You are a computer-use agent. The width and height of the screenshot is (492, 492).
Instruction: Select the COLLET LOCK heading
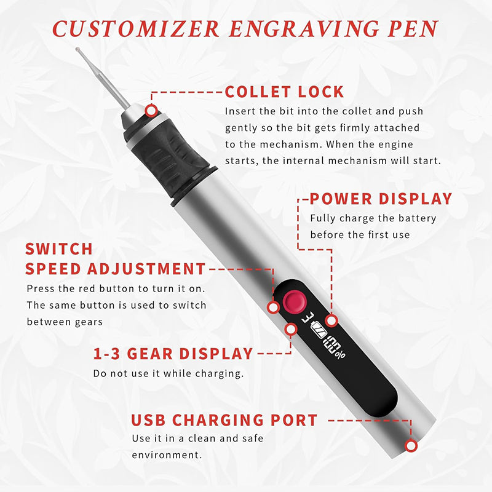(x=284, y=92)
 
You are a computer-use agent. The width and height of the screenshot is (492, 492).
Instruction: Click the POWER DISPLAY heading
(x=381, y=199)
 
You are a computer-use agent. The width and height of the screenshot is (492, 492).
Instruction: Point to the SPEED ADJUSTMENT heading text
(x=115, y=269)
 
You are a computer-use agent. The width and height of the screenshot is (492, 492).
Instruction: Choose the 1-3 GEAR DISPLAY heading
(x=173, y=354)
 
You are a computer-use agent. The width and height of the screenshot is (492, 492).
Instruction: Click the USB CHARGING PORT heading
(x=224, y=421)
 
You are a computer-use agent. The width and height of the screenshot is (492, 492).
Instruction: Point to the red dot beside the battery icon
(x=331, y=320)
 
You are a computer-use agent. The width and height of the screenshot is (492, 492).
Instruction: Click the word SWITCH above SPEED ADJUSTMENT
(x=59, y=249)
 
